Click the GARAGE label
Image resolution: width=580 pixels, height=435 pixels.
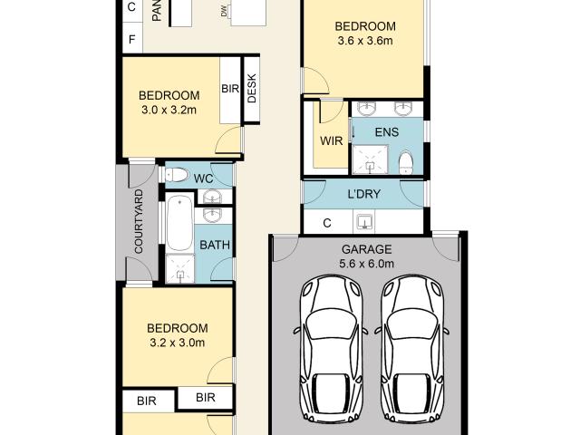(x=366, y=249)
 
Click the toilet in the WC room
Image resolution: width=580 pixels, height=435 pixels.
(x=174, y=175)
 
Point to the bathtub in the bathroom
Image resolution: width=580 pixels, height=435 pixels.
(x=179, y=223)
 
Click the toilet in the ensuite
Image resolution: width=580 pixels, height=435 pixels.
(x=406, y=162)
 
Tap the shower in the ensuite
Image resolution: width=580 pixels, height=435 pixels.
(x=370, y=159)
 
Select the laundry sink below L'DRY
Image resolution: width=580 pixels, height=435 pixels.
(x=364, y=222)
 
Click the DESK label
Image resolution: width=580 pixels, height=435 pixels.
(x=252, y=89)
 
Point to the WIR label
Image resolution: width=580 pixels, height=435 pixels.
(x=331, y=141)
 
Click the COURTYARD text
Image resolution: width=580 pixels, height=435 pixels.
(x=139, y=221)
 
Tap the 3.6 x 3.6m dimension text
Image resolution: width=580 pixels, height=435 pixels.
(x=365, y=41)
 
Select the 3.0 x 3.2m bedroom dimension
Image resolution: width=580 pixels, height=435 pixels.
(x=169, y=110)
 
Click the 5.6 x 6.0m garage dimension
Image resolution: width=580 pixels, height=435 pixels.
(x=366, y=264)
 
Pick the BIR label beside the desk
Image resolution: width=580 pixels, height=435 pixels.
(x=230, y=89)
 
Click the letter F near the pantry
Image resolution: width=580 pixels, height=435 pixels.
(x=131, y=39)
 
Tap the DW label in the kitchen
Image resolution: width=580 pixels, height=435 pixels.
(x=224, y=14)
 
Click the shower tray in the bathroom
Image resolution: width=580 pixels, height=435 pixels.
(x=180, y=269)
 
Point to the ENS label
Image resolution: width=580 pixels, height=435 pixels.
(x=387, y=132)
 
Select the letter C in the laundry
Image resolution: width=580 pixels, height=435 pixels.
(x=327, y=223)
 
